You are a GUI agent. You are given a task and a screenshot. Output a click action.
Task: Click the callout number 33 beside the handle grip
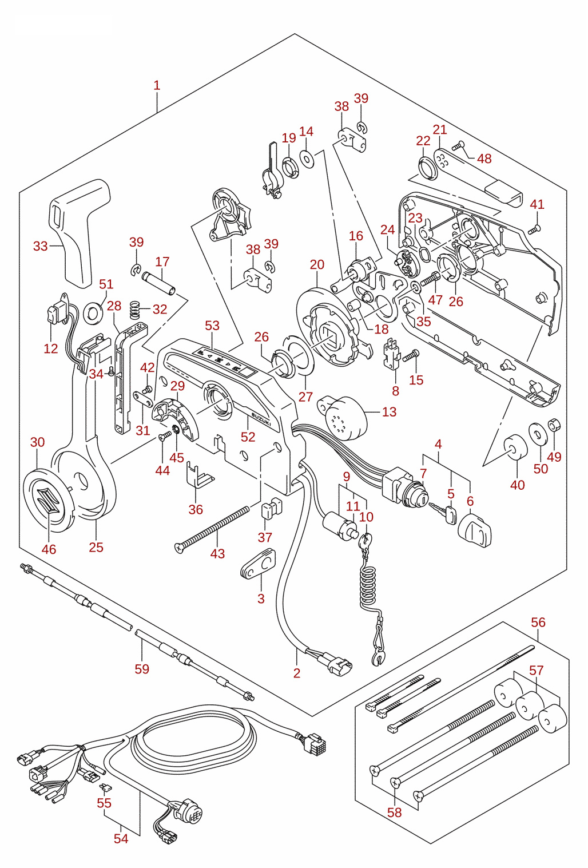tap(40, 246)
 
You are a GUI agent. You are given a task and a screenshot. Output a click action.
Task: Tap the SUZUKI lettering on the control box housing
tap(262, 419)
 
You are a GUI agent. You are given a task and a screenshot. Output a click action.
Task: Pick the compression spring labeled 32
tap(134, 309)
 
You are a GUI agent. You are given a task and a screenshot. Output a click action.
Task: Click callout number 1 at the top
tap(157, 85)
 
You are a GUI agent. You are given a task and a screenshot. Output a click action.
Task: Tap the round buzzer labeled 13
tap(343, 418)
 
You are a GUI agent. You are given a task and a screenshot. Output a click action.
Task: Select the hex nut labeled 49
tap(554, 426)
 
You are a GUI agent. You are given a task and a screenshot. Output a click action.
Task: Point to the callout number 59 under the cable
tap(142, 669)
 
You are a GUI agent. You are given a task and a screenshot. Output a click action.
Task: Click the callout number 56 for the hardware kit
tap(538, 623)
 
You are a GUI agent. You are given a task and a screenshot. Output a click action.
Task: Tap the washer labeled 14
tap(307, 158)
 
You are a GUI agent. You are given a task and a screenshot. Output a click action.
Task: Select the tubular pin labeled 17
tap(158, 283)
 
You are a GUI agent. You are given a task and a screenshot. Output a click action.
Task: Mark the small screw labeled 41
tap(534, 230)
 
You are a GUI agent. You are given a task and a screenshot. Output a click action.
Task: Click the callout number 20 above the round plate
tap(317, 265)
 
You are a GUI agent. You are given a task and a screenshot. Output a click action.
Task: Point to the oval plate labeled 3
tap(257, 565)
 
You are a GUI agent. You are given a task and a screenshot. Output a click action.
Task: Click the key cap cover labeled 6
tap(475, 530)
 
